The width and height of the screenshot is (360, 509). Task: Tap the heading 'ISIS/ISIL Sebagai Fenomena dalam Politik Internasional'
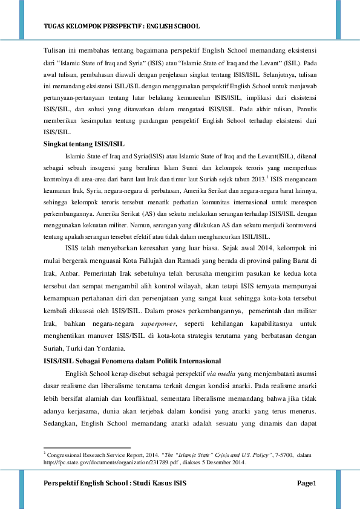point(131,360)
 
